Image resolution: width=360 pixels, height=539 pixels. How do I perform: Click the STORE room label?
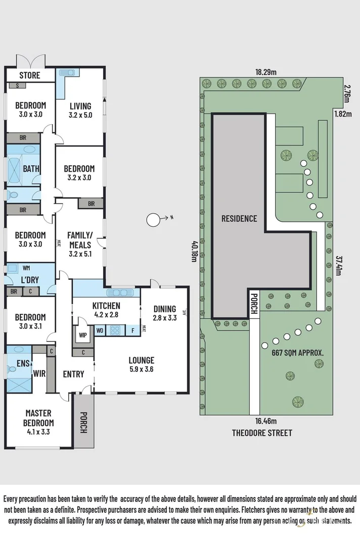tap(30, 76)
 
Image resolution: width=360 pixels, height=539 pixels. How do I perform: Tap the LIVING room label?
tap(80, 106)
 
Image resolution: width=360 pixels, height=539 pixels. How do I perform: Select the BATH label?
tap(31, 169)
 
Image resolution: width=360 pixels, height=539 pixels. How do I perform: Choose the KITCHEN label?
tap(106, 306)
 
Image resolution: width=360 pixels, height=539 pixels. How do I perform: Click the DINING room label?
tap(165, 309)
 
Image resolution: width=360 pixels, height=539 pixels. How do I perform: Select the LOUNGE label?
tap(141, 360)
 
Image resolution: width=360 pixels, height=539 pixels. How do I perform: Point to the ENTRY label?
tap(73, 374)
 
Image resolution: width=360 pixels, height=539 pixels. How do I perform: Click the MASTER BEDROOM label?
tap(39, 418)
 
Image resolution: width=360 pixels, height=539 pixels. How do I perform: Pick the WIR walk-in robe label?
tap(40, 374)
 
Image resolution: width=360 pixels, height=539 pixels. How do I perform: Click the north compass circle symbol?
tap(153, 220)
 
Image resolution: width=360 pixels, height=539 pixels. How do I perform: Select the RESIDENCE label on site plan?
tap(239, 219)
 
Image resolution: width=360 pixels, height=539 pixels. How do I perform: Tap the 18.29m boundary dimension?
tap(266, 72)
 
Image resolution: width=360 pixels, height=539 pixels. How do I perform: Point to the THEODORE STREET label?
tap(262, 433)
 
